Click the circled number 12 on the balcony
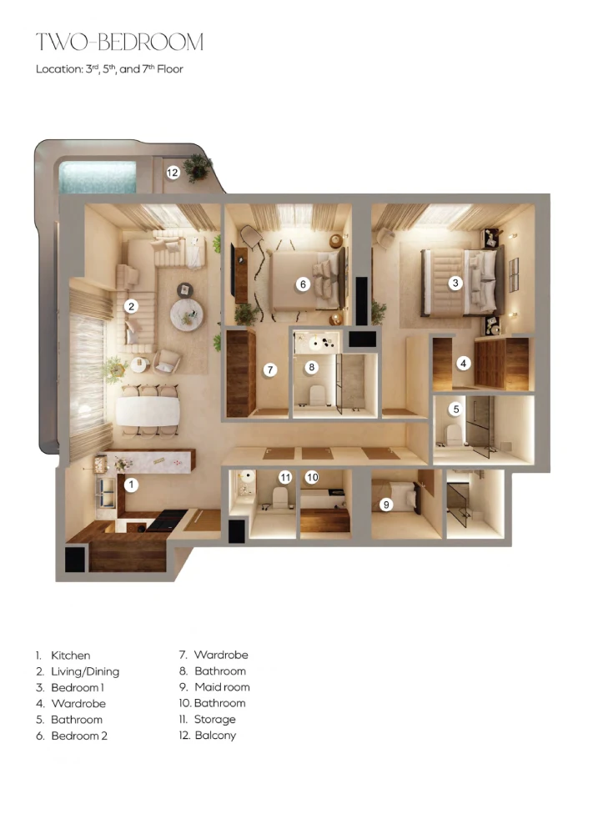click(173, 173)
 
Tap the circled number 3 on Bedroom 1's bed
click(455, 283)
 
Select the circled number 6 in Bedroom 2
click(303, 284)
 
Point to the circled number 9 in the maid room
click(386, 505)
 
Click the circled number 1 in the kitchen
click(131, 485)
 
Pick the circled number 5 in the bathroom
click(456, 409)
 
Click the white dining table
click(148, 411)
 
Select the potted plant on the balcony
click(198, 167)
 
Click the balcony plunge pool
click(98, 177)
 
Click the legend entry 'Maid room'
click(222, 687)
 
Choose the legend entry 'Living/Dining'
click(85, 671)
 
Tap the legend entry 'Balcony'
click(215, 736)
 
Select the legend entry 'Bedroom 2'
click(79, 736)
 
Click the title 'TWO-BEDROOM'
click(120, 42)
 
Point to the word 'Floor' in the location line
click(170, 69)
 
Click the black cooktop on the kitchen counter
click(167, 520)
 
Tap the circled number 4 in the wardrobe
click(464, 364)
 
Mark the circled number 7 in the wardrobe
click(270, 369)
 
